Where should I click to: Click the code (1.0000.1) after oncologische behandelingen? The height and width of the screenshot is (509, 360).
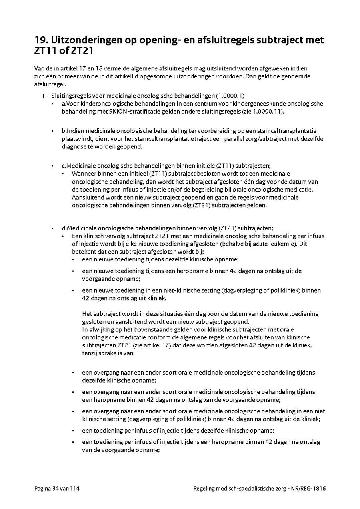[230, 96]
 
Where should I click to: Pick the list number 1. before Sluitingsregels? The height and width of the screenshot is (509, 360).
[44, 96]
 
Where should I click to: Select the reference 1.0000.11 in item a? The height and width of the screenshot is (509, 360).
[267, 111]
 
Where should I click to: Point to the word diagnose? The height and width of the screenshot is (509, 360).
[74, 146]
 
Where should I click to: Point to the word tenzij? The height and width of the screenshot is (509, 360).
[90, 353]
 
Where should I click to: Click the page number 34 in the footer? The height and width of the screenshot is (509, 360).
[56, 488]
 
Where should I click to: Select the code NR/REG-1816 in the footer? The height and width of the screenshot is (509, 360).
[310, 488]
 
